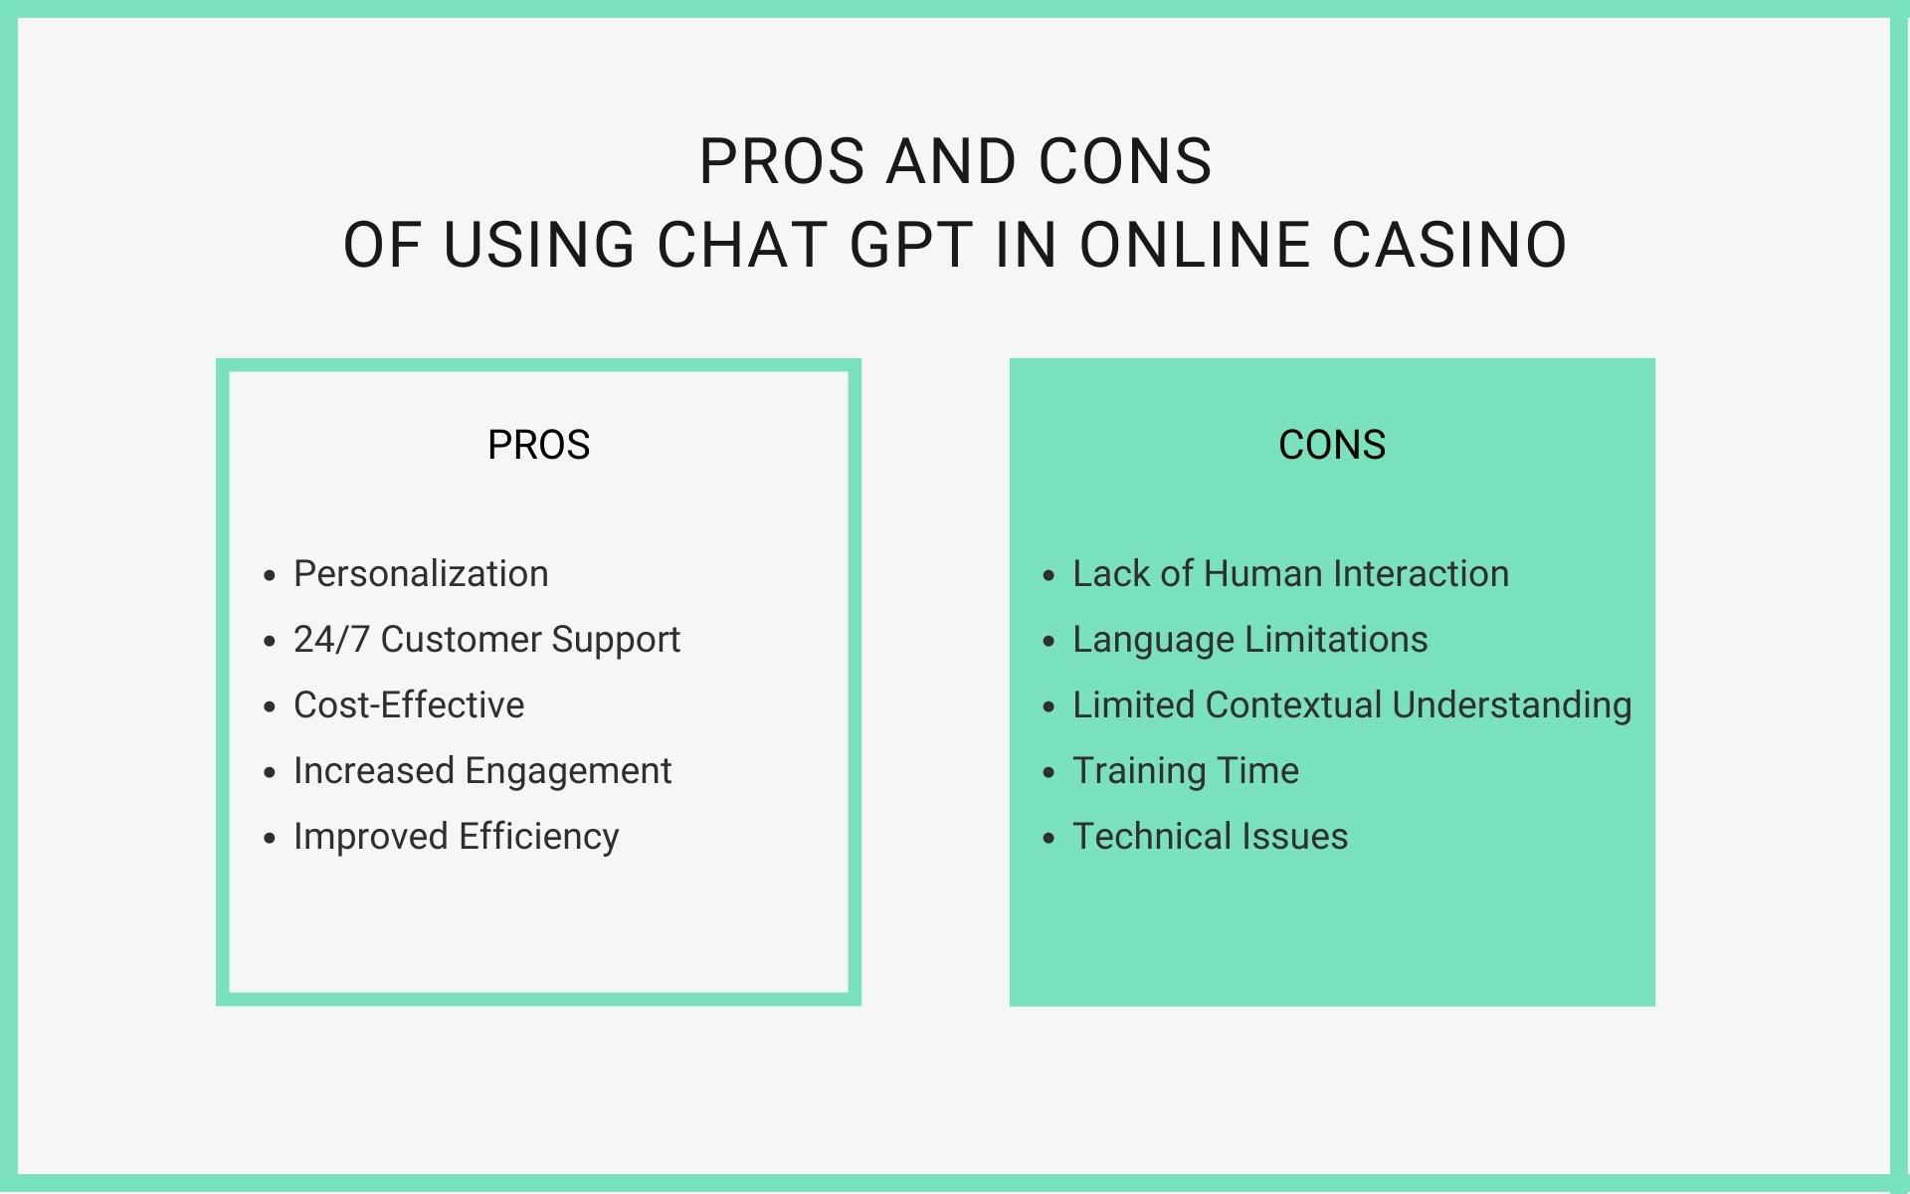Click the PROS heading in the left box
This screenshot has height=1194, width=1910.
click(x=538, y=445)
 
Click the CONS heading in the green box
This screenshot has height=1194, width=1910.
click(x=1332, y=445)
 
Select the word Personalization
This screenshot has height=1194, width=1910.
click(x=421, y=574)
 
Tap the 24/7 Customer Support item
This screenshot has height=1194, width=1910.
click(x=486, y=640)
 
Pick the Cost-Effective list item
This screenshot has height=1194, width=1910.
click(x=409, y=705)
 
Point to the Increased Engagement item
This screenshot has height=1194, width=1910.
click(x=482, y=771)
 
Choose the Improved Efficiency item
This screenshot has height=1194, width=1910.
click(x=457, y=837)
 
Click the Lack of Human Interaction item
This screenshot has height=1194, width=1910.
click(x=1291, y=574)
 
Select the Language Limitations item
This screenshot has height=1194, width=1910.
click(x=1250, y=640)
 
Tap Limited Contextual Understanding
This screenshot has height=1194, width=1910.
click(x=1352, y=705)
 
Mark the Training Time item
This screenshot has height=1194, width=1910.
click(x=1186, y=771)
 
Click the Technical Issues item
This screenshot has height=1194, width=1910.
click(x=1211, y=837)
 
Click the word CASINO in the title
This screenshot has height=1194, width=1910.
click(x=1449, y=245)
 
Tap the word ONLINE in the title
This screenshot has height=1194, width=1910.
click(x=1194, y=245)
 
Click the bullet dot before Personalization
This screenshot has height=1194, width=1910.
click(x=269, y=575)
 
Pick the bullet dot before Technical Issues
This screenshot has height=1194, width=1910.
click(x=1048, y=838)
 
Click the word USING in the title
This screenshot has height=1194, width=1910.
click(x=538, y=245)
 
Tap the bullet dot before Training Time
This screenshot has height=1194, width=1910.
click(x=1048, y=772)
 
